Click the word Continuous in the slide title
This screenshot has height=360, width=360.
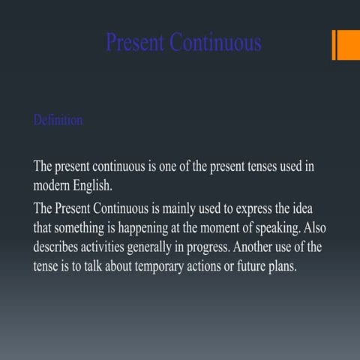216,42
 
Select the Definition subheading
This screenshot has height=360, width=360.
58,120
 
